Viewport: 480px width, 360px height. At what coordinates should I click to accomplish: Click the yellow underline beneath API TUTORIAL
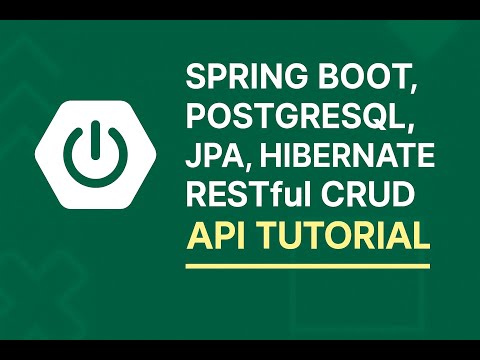308,265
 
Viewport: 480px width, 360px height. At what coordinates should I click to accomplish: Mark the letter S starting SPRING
196,77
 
